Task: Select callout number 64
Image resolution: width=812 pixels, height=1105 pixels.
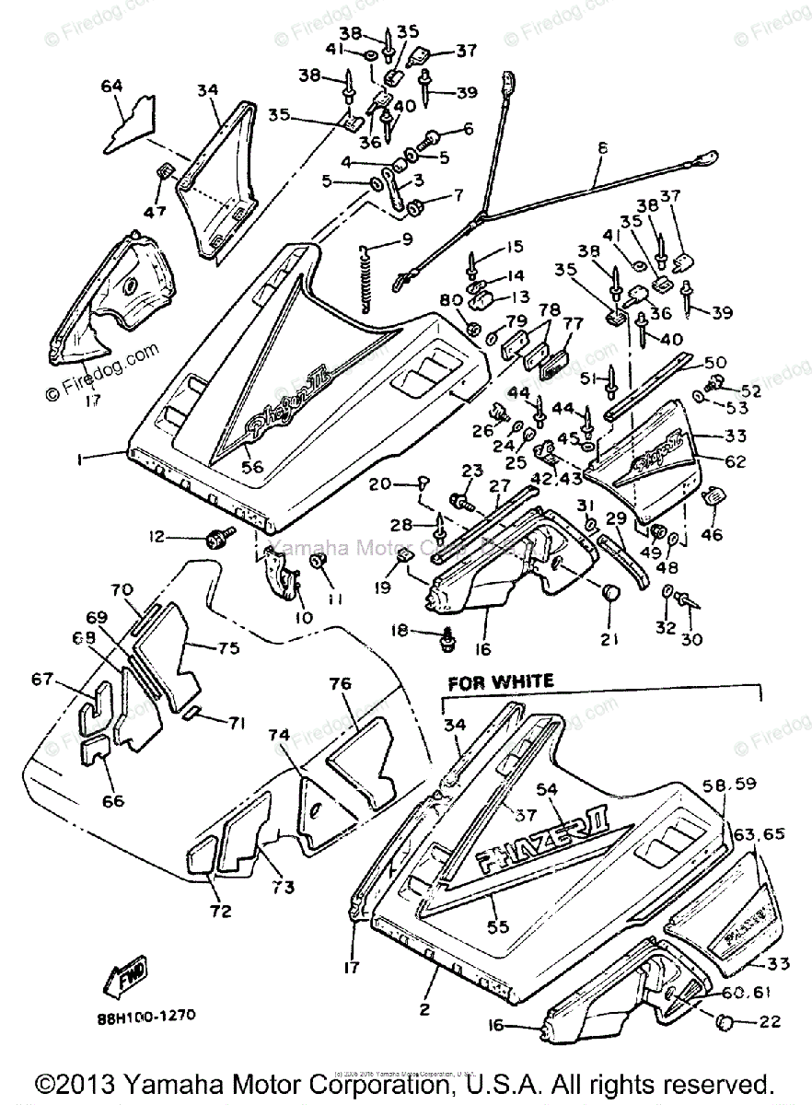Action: pos(111,87)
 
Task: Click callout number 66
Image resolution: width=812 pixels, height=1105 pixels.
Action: pos(112,801)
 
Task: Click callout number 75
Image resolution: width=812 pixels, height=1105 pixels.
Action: pos(229,648)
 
